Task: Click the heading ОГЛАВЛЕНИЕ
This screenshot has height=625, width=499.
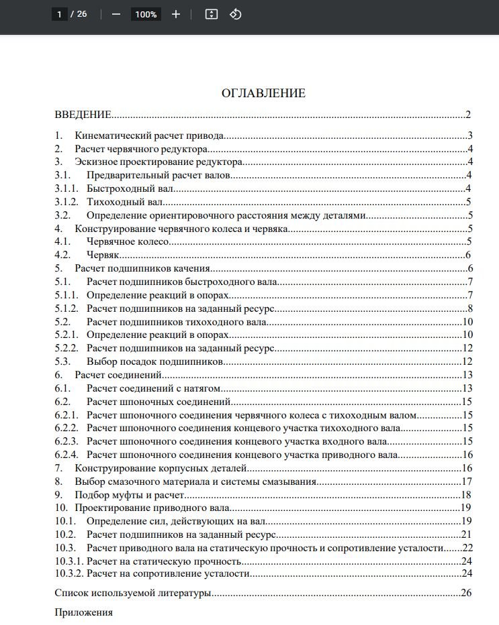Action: pyautogui.click(x=263, y=93)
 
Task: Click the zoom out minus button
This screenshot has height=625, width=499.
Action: pyautogui.click(x=116, y=14)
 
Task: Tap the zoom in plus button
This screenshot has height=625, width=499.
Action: pyautogui.click(x=176, y=14)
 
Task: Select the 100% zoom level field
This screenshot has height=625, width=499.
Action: pyautogui.click(x=145, y=14)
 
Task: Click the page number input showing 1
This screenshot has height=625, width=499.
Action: pyautogui.click(x=60, y=14)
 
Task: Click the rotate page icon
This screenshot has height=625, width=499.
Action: pyautogui.click(x=235, y=14)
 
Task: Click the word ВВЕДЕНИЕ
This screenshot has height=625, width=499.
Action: pyautogui.click(x=83, y=115)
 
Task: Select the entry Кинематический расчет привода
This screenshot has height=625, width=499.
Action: pyautogui.click(x=149, y=135)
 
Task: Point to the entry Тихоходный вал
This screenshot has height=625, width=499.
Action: pyautogui.click(x=125, y=202)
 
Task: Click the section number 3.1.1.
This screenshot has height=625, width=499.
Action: pyautogui.click(x=66, y=188)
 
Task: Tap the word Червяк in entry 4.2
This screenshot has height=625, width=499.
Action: pyautogui.click(x=103, y=255)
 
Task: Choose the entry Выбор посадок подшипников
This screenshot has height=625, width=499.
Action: pyautogui.click(x=154, y=361)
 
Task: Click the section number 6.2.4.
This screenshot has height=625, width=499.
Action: pyautogui.click(x=66, y=455)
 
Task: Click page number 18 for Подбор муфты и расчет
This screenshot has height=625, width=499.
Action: pyautogui.click(x=467, y=495)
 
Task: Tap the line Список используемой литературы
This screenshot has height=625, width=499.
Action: pyautogui.click(x=133, y=593)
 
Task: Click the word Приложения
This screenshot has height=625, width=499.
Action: pyautogui.click(x=83, y=612)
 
